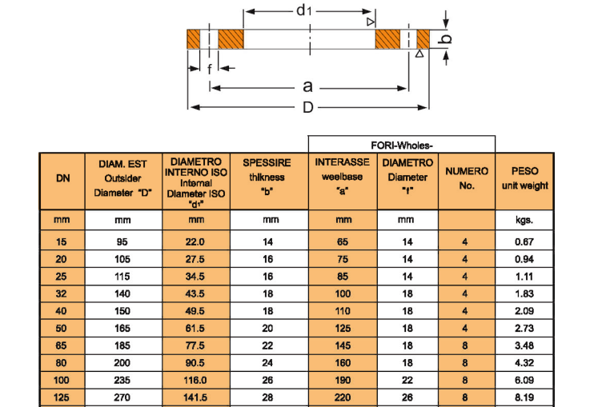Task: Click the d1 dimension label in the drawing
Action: (x=304, y=10)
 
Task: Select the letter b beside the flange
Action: (x=448, y=38)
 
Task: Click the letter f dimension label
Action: (x=210, y=70)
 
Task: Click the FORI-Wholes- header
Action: (x=402, y=145)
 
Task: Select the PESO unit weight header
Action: (x=525, y=178)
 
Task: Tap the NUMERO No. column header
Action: (x=467, y=178)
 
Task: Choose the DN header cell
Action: (x=62, y=178)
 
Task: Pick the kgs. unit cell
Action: (x=525, y=219)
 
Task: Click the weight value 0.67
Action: (x=525, y=241)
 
